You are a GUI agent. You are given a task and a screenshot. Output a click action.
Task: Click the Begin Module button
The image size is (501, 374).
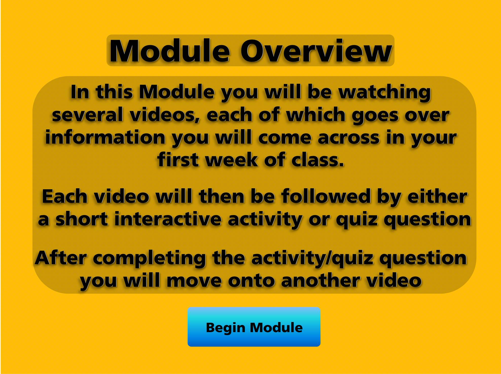click(x=254, y=327)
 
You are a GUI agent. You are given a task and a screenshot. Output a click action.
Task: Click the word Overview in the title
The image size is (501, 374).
click(x=316, y=51)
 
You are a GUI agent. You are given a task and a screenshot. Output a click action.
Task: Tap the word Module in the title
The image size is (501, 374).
click(x=170, y=51)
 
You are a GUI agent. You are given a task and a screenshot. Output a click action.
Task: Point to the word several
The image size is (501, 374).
click(x=87, y=115)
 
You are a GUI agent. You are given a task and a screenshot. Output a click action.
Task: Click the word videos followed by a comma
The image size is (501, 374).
click(x=165, y=115)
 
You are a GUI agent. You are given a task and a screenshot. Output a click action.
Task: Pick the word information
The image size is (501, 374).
click(x=105, y=138)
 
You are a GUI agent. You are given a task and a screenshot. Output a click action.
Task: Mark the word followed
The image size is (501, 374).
click(x=326, y=197)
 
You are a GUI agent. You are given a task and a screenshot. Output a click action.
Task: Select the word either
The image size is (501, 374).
click(x=437, y=197)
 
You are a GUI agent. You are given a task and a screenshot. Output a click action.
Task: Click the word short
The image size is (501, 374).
click(x=82, y=219)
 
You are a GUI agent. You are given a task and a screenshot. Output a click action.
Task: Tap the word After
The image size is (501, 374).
click(x=61, y=258)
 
